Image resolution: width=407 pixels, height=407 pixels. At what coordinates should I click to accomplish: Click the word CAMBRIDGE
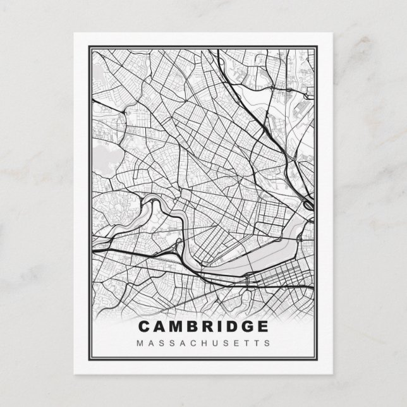[x=203, y=327]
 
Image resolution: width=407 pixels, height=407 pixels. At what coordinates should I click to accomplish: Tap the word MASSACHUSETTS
[x=203, y=343]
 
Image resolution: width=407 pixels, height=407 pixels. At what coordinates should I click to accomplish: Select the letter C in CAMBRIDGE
[x=144, y=327]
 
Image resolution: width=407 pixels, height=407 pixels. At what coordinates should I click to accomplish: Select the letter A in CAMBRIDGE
[x=159, y=327]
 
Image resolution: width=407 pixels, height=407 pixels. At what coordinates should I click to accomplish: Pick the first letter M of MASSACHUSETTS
[x=139, y=343]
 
